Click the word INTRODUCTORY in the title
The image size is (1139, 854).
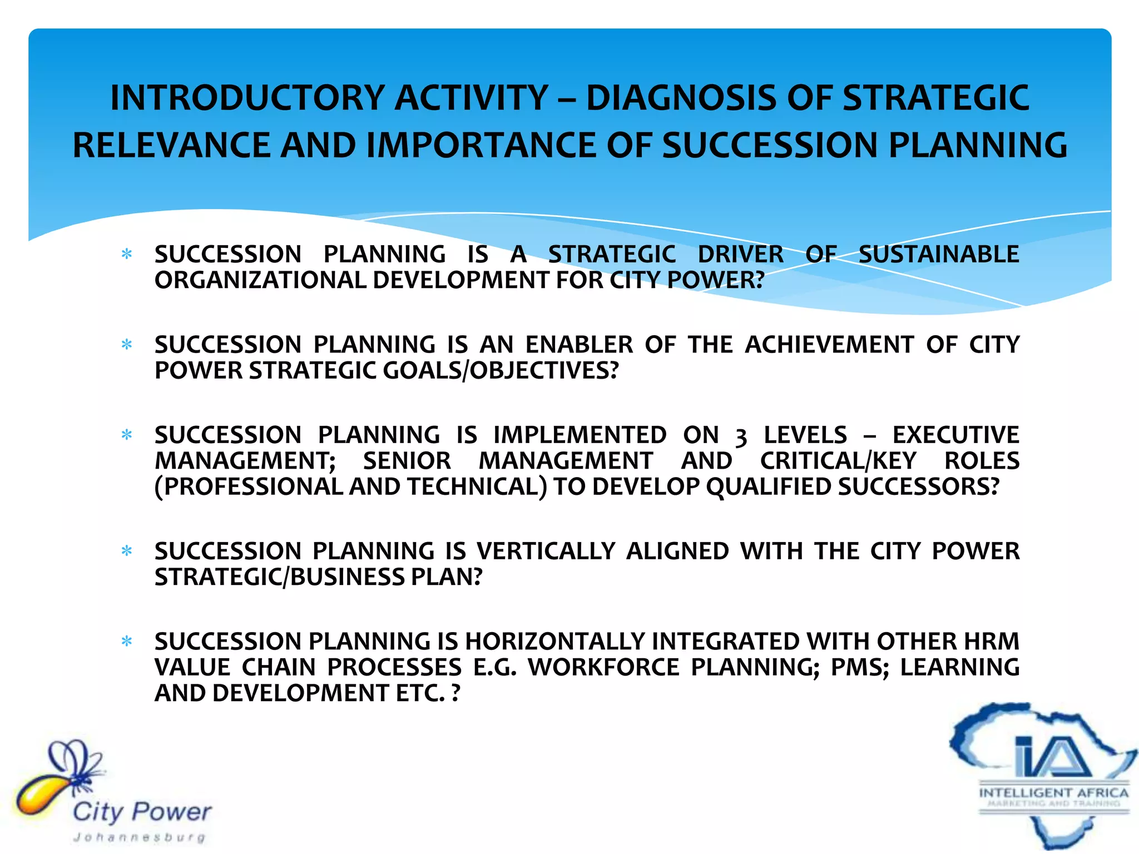coord(247,98)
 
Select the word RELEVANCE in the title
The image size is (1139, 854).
coord(171,146)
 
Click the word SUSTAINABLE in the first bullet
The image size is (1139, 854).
coord(938,255)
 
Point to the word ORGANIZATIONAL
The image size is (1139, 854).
coord(260,280)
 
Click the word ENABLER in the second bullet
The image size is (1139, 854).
coord(578,345)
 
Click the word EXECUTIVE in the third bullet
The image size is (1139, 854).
coord(955,435)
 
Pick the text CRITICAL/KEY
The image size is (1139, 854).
coord(838,461)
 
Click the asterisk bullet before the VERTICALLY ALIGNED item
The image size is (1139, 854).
coord(127,552)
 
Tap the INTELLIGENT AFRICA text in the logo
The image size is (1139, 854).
coord(1053,792)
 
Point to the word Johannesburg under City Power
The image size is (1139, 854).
coord(139,837)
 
